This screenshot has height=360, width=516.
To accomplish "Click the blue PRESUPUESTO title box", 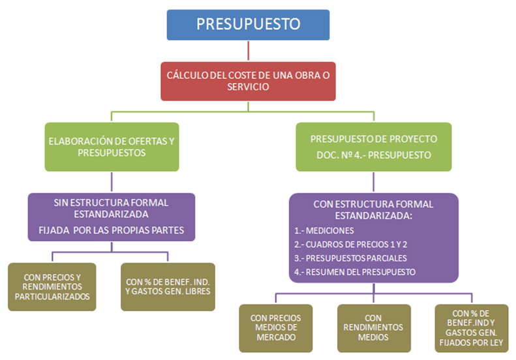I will coord(249,25).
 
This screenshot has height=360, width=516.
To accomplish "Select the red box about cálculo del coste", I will coord(249,81).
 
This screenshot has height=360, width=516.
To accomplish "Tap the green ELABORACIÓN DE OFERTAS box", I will coord(112,147).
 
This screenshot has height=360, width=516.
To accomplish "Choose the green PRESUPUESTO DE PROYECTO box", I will coord(373,147).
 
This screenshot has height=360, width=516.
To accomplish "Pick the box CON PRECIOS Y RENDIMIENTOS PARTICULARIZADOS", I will coord(52,286).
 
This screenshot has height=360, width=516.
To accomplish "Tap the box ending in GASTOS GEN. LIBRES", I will coord(168,286).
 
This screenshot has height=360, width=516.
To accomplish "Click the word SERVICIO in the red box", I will coord(248,87).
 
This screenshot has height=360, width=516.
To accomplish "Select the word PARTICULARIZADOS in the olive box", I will coord(52,297).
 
